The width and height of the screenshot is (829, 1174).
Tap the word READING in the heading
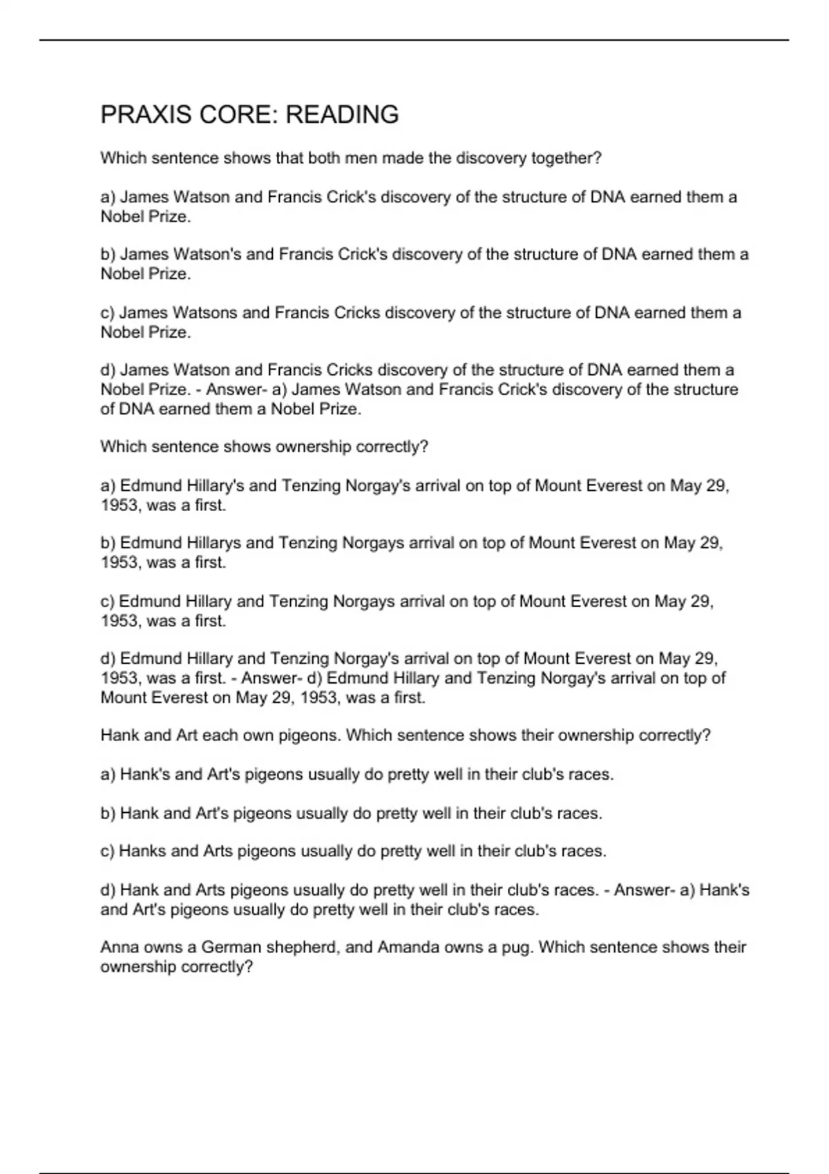tap(342, 115)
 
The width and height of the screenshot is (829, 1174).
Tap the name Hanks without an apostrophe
tap(142, 851)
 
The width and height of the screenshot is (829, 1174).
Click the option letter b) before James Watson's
tap(108, 255)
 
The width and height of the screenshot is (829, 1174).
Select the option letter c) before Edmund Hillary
tap(108, 602)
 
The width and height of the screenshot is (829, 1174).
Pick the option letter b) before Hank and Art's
tap(108, 814)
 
